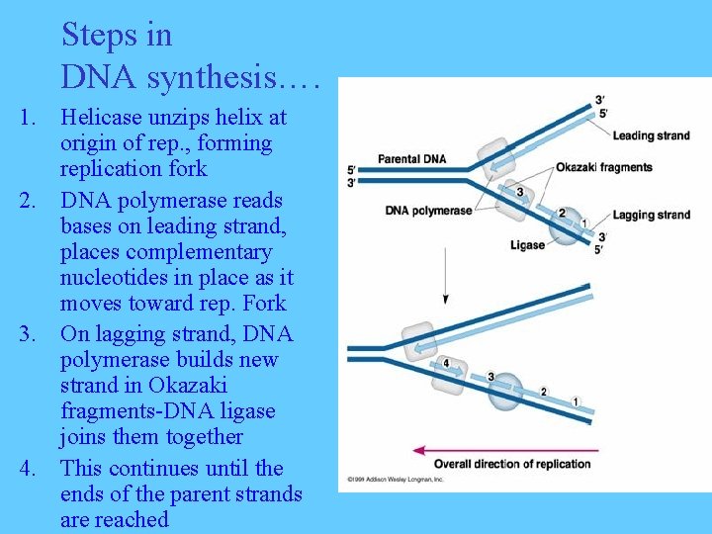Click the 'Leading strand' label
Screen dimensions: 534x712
coord(651,135)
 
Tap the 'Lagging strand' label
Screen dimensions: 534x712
coord(651,216)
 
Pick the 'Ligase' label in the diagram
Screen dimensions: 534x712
coord(527,244)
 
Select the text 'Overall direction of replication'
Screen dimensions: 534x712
coord(511,464)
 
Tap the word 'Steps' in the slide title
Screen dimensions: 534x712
coord(102,36)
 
